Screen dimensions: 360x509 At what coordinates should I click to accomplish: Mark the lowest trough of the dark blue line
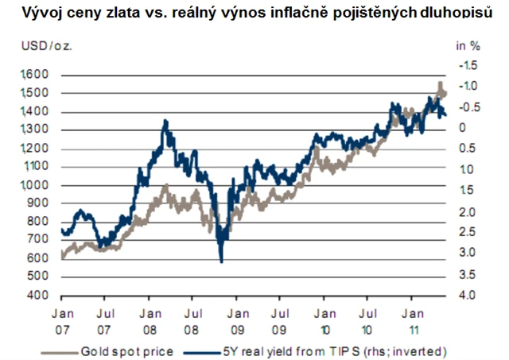220,261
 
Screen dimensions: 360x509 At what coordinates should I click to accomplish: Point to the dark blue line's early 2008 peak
165,121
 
